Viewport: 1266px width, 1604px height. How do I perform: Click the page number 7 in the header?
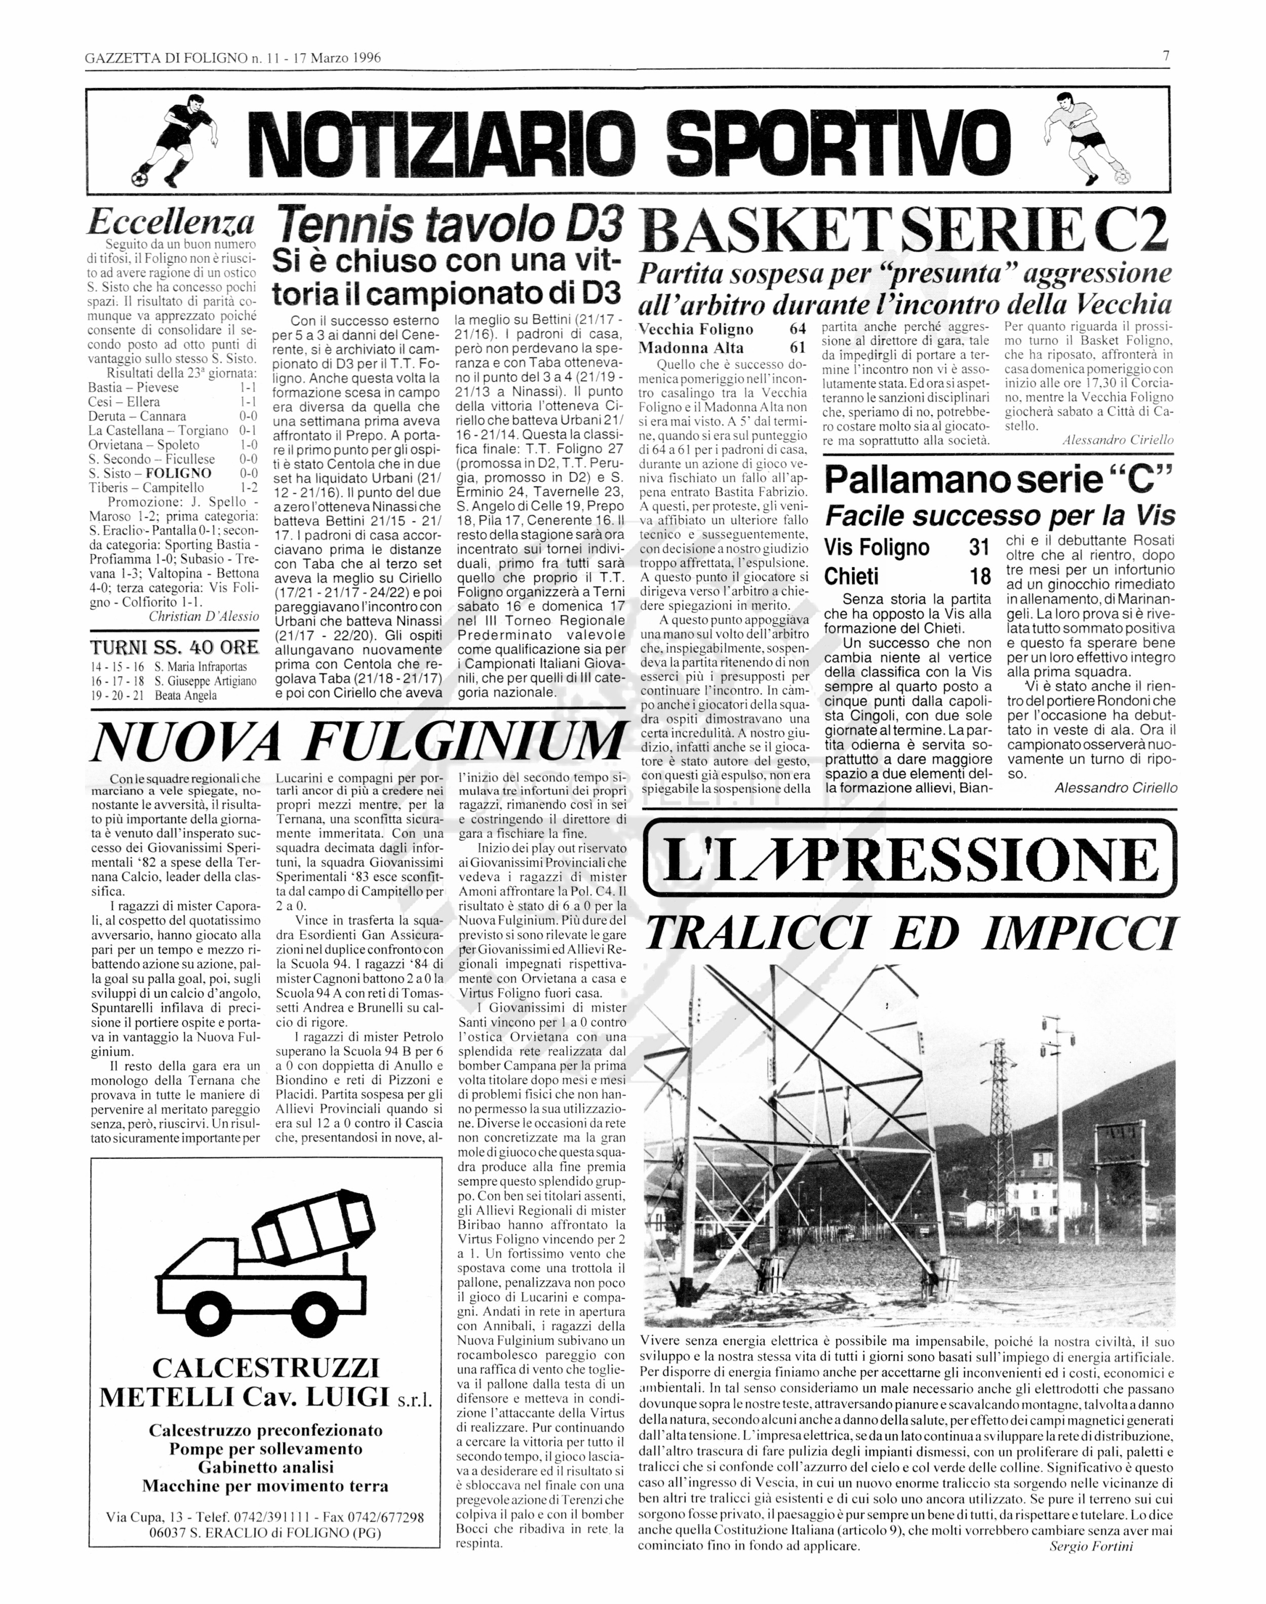(x=1166, y=56)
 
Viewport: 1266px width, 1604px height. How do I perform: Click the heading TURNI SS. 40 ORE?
(x=174, y=646)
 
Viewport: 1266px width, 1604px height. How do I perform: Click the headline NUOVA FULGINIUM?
(x=357, y=741)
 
